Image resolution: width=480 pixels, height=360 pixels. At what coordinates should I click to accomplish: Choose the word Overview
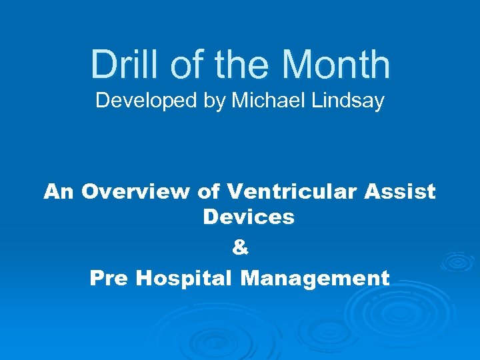coord(136,192)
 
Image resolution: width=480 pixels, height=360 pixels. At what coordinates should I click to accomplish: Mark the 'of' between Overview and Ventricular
coord(209,192)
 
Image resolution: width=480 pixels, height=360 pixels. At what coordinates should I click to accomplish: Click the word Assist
coord(400,192)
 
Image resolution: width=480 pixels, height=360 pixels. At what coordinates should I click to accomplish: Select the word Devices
coord(248,217)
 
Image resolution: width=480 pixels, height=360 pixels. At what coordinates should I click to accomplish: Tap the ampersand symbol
coord(240,247)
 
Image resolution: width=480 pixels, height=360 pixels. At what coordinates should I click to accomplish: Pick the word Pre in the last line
coord(109,277)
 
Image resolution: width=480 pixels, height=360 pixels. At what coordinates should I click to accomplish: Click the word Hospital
coord(185,277)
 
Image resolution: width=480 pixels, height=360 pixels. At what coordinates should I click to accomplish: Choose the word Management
coord(315,277)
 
